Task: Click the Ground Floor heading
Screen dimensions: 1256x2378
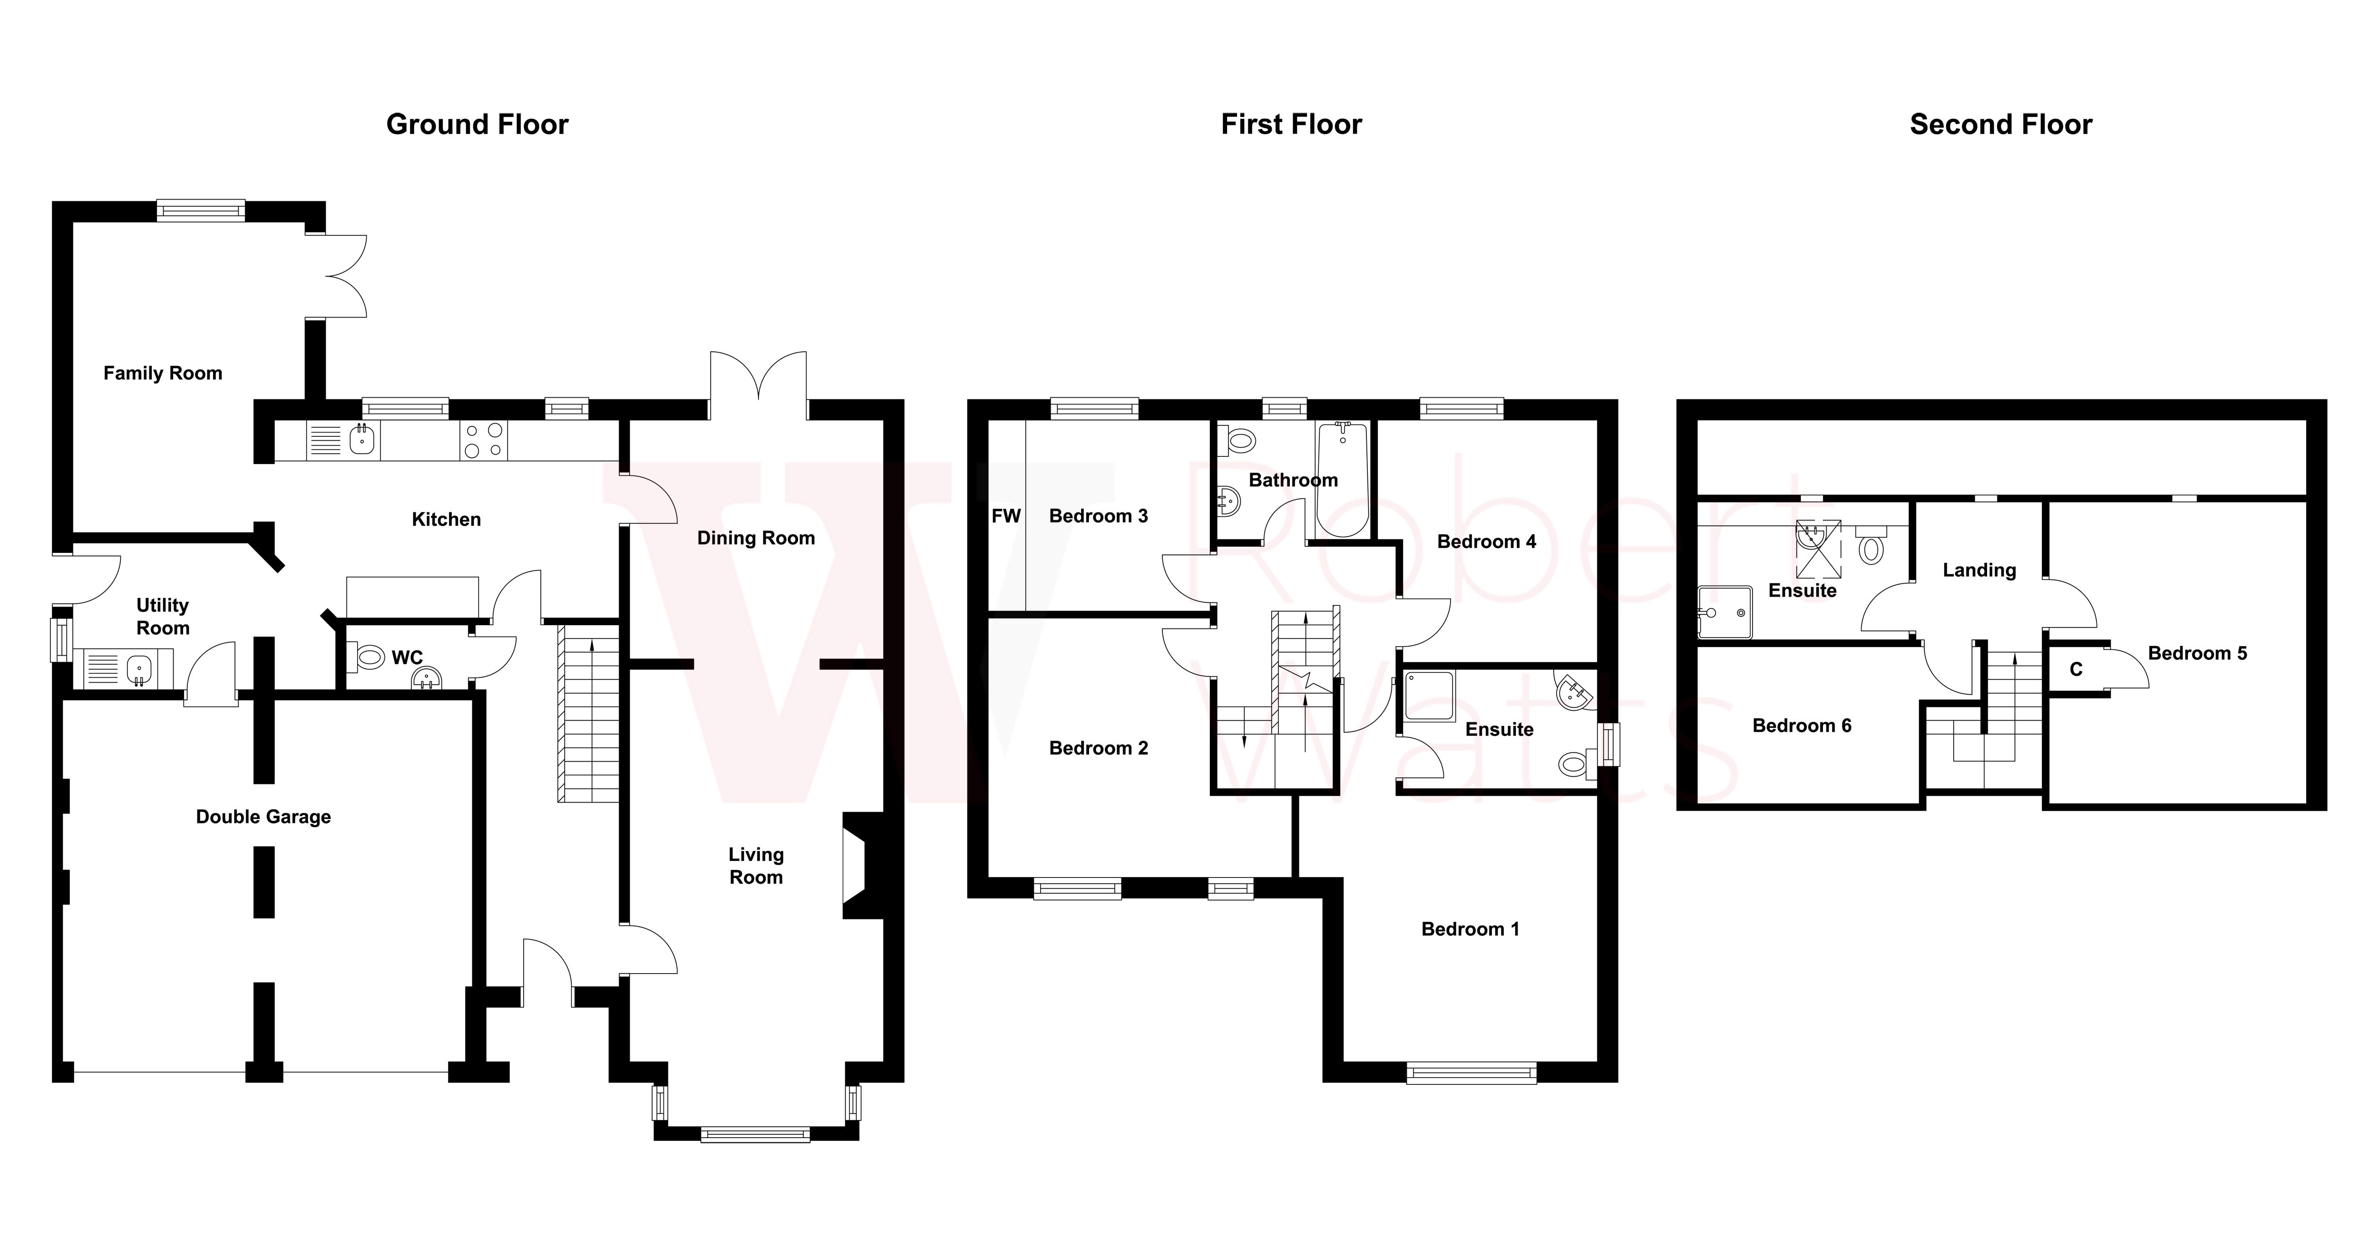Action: [x=477, y=125]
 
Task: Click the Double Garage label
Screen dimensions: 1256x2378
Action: [x=263, y=817]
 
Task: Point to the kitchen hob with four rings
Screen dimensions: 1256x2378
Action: [x=484, y=440]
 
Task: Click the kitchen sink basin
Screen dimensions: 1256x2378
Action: [x=364, y=440]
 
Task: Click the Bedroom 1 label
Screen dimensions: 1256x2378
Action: [x=1470, y=929]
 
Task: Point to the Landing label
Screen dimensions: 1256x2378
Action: [x=1978, y=570]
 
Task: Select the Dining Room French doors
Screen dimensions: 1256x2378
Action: [x=758, y=380]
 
